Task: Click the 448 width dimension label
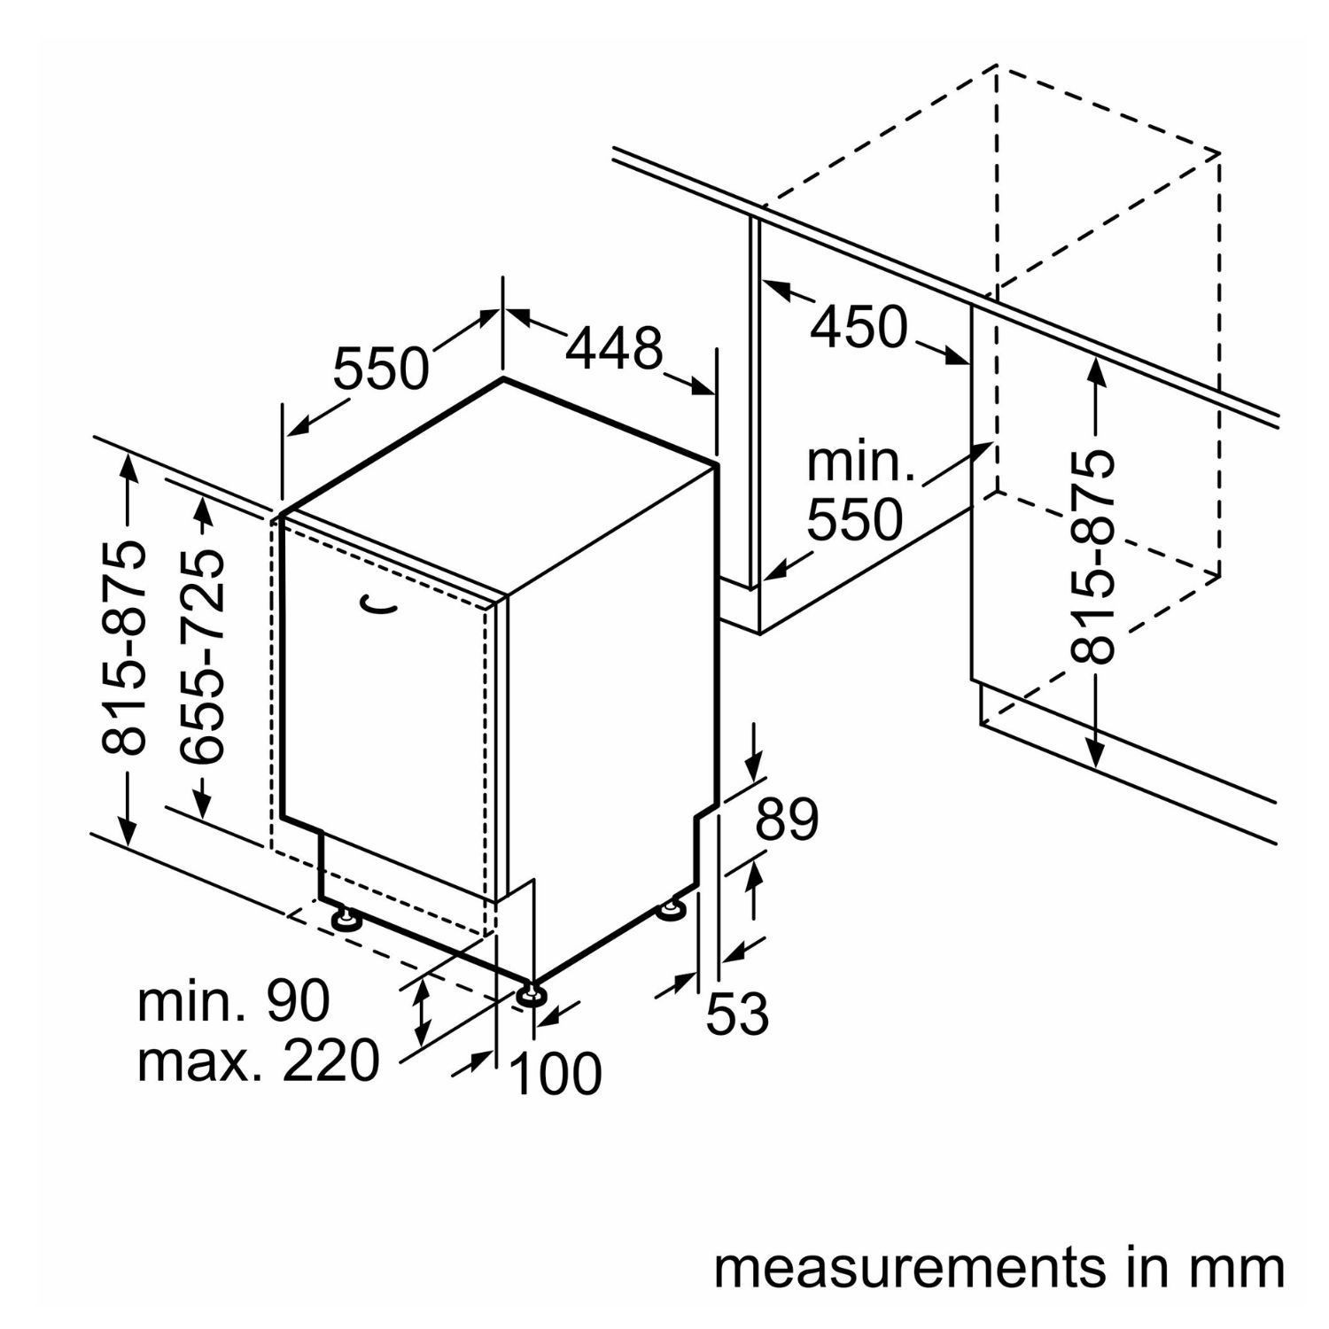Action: tap(614, 348)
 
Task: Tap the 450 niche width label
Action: tap(859, 327)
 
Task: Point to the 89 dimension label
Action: tap(787, 820)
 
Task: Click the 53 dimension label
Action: tap(737, 1014)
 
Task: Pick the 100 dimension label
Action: tap(556, 1075)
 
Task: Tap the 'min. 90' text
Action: tap(233, 1000)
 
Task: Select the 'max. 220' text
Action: tap(258, 1061)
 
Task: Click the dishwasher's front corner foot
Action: tap(532, 994)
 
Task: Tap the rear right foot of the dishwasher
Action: tap(672, 910)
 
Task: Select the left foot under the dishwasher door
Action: tap(344, 918)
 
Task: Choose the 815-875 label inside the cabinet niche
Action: tap(1092, 556)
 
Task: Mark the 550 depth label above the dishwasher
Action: tap(380, 368)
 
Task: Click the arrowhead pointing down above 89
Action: tap(754, 766)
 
